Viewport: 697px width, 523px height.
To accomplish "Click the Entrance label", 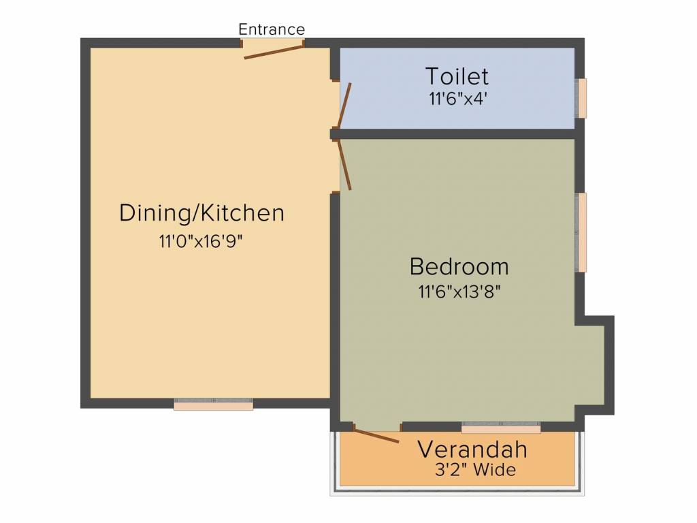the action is pos(272,29).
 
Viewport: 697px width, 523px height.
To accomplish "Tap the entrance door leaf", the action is pos(274,52).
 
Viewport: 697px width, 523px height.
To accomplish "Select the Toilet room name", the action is pos(457,76).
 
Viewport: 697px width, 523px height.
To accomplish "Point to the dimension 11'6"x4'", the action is pos(458,99).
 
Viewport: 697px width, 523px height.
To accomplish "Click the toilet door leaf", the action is pos(344,106).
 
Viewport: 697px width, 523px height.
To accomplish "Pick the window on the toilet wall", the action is pos(581,98).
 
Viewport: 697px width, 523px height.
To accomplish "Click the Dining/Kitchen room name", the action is pos(201,212).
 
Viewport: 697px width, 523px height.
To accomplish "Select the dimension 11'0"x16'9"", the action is pos(201,242).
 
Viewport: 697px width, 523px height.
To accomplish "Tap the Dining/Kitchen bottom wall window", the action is pos(213,405).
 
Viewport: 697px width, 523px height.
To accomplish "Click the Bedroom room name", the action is pos(459,266).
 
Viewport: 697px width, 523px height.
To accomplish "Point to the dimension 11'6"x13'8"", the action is pos(459,291).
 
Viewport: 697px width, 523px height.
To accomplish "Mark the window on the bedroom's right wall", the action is pos(581,232).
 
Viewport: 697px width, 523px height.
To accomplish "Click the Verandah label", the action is pos(472,449).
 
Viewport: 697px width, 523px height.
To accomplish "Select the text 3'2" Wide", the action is pos(475,470).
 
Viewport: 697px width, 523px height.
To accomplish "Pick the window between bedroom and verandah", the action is pos(501,428).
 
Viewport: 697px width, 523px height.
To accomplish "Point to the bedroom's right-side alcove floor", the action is pos(590,366).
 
